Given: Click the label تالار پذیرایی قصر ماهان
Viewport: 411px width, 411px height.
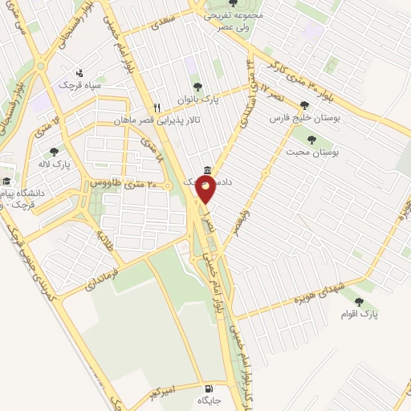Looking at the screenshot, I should point(155,120).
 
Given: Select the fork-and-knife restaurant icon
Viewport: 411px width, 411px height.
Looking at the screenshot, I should point(158,107).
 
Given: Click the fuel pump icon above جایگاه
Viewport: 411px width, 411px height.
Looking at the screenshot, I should point(210,385).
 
